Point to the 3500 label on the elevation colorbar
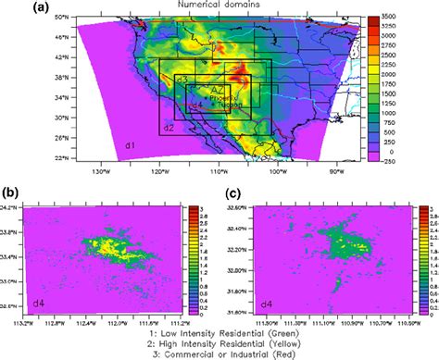(388, 17)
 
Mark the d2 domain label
(169, 126)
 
